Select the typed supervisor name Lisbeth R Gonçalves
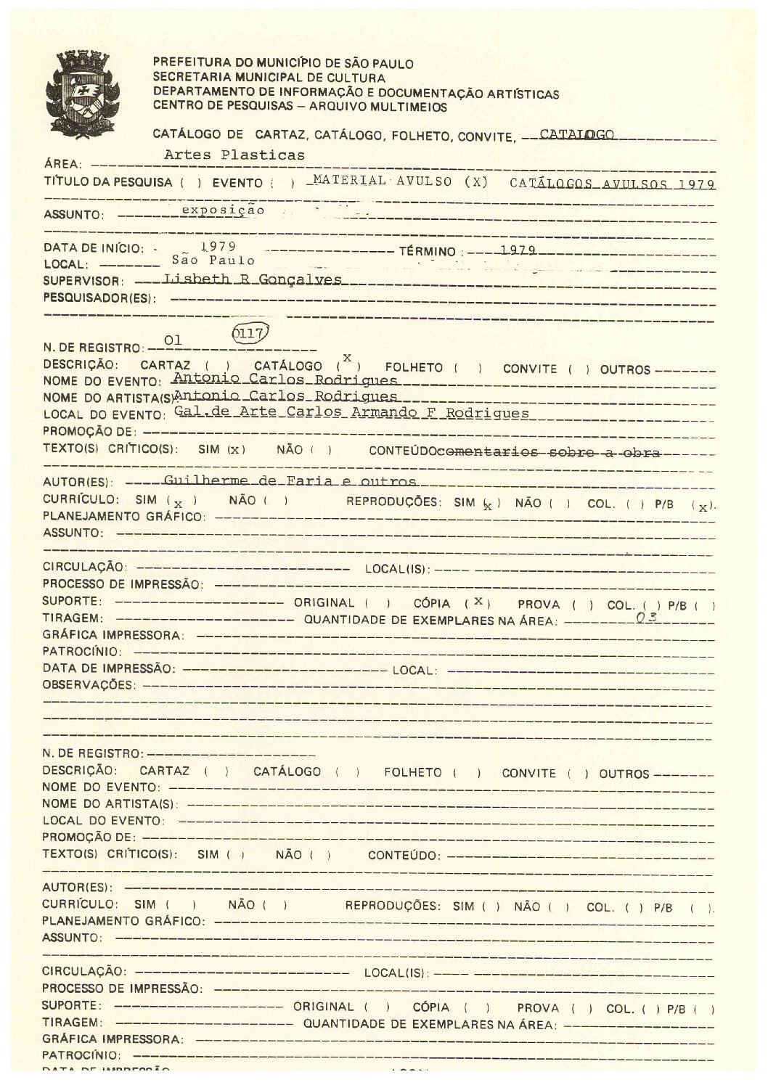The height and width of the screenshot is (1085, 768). [253, 279]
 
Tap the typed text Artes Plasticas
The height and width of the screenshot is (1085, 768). [234, 155]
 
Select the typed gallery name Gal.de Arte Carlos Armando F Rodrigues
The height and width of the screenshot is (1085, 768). [351, 412]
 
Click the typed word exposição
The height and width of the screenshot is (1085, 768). [223, 210]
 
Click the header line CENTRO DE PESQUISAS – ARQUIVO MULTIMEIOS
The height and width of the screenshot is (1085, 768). [300, 107]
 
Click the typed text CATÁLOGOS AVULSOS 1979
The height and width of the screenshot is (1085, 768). [612, 184]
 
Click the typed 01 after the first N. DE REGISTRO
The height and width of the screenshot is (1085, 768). [173, 339]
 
